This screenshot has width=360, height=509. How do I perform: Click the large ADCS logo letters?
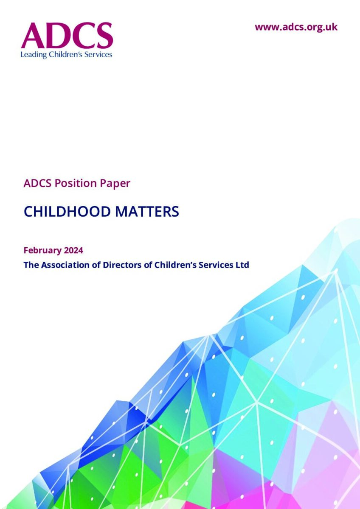point(67,36)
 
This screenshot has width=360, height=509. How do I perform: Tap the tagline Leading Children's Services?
point(66,55)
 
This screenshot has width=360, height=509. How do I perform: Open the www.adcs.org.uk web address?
point(296,27)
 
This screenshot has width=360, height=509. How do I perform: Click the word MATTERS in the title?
point(147,211)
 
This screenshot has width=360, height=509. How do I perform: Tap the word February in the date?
point(42,251)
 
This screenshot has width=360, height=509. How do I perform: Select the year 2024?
point(73,250)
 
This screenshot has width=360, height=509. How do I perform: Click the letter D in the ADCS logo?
point(58,36)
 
